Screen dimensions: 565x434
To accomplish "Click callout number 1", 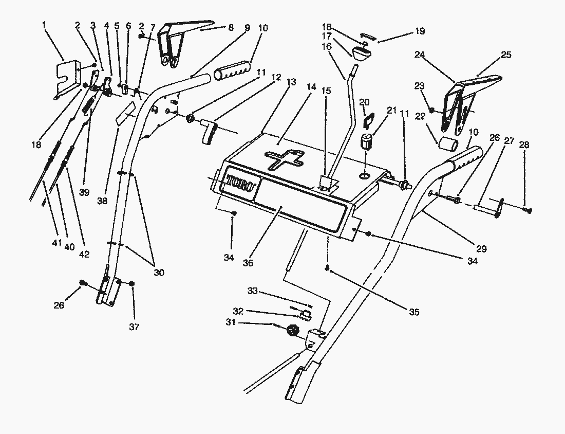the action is point(44,25).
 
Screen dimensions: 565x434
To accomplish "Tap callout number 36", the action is point(248,263).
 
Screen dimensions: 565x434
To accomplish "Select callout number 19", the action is point(420,31).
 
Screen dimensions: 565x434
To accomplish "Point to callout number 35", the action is point(415,312).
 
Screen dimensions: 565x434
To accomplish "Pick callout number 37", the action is point(134,327).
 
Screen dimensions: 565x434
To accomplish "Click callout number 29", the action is point(481,248).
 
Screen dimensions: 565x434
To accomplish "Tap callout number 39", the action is point(84,192).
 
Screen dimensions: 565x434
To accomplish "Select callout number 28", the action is point(524,145).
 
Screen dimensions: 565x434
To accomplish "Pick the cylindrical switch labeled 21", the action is point(367,141).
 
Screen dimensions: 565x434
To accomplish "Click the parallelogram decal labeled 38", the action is point(125,113).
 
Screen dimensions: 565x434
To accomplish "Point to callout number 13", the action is point(291,82).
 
